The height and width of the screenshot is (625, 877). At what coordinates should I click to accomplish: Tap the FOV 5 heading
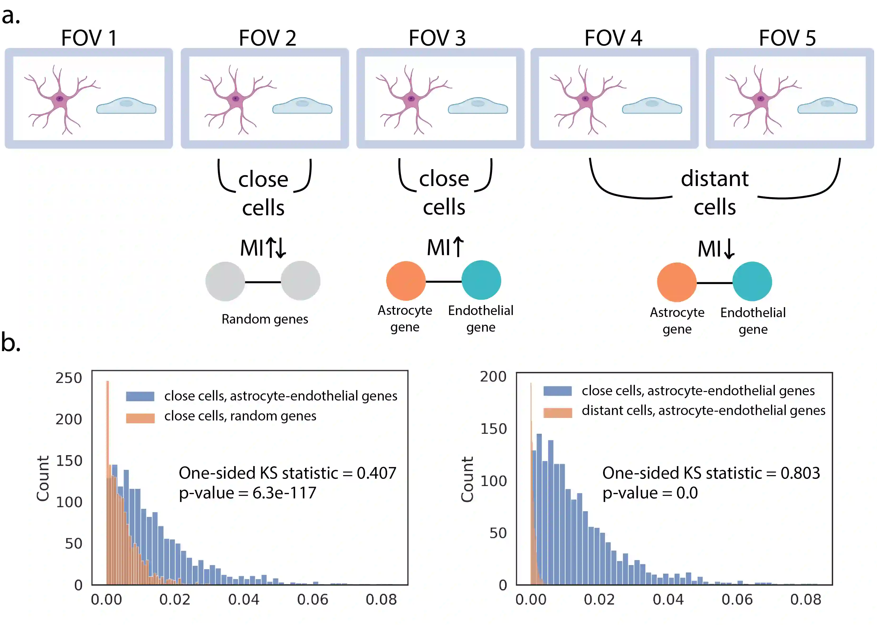click(787, 38)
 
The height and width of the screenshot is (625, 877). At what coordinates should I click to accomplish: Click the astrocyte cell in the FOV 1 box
click(60, 99)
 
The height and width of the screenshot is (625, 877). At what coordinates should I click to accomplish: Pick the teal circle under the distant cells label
click(752, 282)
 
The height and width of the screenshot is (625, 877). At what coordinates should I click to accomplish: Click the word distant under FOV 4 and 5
click(714, 179)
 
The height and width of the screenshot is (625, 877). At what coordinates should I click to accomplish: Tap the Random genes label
click(265, 319)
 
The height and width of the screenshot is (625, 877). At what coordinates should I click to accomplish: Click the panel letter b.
click(10, 342)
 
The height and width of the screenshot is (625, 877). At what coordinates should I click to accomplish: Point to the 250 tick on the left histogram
click(68, 378)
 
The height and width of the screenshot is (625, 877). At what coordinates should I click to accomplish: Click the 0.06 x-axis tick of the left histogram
click(312, 600)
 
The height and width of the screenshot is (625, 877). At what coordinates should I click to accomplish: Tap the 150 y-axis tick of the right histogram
click(493, 429)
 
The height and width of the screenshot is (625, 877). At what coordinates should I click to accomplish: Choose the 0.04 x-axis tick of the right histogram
click(668, 600)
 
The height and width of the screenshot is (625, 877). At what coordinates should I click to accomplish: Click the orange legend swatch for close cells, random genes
click(140, 418)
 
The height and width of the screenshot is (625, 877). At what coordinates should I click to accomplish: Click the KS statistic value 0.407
click(376, 473)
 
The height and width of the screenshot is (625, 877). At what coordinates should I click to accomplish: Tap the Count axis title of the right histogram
click(467, 479)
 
